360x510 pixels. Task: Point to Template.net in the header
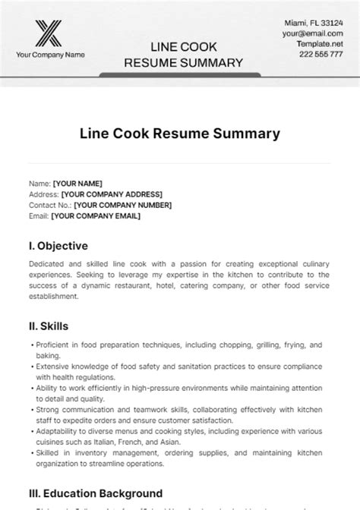pyautogui.click(x=320, y=44)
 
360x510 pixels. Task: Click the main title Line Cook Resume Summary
pyautogui.click(x=179, y=134)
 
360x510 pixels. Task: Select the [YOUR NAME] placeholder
pyautogui.click(x=77, y=184)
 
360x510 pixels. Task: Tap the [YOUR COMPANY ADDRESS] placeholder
pyautogui.click(x=108, y=194)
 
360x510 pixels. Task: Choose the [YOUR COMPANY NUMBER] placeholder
pyautogui.click(x=122, y=205)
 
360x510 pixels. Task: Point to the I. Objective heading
pyautogui.click(x=58, y=246)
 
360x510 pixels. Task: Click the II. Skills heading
pyautogui.click(x=48, y=326)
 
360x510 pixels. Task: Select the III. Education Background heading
pyautogui.click(x=95, y=493)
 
